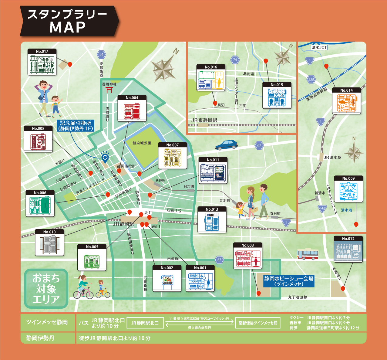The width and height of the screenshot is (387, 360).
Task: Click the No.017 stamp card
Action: pos(42,62)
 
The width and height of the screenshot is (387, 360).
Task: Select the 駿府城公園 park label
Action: pos(142,143)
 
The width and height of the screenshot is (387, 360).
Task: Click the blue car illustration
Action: pos(226,145)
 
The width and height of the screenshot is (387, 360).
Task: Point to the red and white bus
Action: pos(308,254)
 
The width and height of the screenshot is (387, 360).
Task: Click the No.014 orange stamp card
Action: pos(346,101)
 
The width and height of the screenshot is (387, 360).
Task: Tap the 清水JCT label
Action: pos(319,47)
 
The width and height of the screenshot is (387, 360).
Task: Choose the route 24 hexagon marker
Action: pos(101,55)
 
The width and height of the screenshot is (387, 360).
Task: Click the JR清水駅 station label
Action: pos(332,157)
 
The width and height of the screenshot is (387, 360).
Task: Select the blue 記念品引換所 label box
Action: pos(76,126)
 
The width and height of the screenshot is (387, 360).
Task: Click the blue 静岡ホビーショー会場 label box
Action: pos(288,281)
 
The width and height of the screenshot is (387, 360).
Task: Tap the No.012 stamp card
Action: pos(348,249)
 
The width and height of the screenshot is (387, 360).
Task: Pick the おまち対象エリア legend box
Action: pos(46,288)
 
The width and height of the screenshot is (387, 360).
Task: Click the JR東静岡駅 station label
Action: pos(204,120)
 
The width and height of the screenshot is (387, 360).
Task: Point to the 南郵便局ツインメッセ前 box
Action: pos(258,323)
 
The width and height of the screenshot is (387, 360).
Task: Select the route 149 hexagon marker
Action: pos(322,209)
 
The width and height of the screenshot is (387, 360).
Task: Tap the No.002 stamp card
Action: pos(167,278)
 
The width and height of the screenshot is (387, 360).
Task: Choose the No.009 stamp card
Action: pos(348,189)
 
